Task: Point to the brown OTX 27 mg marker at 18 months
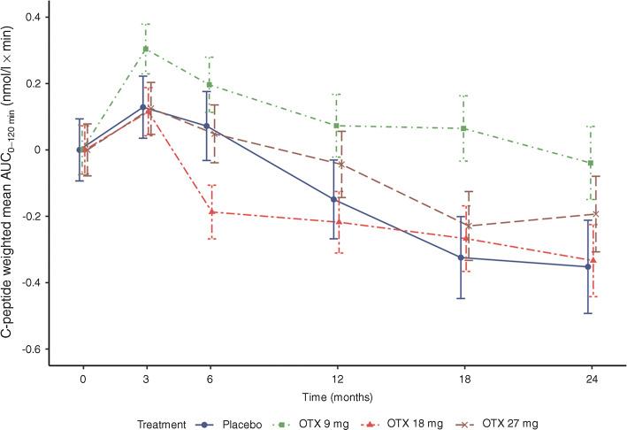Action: coord(467,227)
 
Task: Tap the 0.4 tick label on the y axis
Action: coord(32,18)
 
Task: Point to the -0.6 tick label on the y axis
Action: coord(30,349)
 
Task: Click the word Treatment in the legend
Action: coord(165,423)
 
